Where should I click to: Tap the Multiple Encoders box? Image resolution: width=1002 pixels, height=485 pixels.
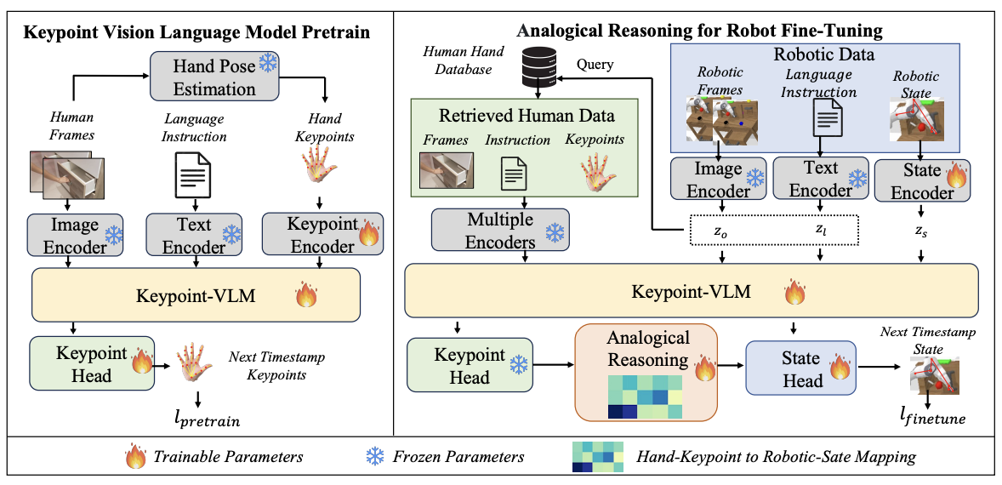tap(500, 230)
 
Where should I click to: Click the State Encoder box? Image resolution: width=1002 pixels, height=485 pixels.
tap(919, 181)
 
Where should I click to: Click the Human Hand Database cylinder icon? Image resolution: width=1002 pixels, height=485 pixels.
tap(540, 67)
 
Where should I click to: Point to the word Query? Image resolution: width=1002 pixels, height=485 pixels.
tap(594, 65)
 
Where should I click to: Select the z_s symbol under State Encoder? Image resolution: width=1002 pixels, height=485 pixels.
tap(921, 233)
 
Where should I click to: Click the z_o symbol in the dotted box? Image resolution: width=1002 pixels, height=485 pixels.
tap(721, 232)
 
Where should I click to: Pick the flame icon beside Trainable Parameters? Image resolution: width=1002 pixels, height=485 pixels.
tap(136, 457)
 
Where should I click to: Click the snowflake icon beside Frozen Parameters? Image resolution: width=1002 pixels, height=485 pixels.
tap(373, 457)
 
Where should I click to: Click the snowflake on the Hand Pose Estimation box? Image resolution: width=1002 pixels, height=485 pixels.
tap(267, 62)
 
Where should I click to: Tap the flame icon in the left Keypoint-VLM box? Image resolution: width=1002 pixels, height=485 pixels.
tap(305, 296)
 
